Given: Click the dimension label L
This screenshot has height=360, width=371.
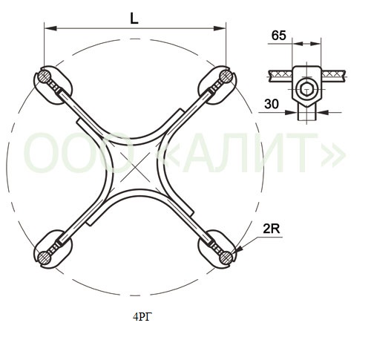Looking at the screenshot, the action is pos(134,19).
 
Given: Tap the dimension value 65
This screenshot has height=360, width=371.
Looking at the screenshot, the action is pos(278,36).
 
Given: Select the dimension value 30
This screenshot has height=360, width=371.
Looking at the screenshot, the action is pos(272,104).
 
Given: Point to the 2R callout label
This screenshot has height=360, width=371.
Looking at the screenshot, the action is pos(271,229).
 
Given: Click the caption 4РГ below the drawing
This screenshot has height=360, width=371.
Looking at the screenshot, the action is pos(142,317).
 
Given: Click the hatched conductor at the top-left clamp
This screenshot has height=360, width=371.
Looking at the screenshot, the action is pos(45,76).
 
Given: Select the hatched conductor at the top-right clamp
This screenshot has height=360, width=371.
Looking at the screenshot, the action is pos(226,76).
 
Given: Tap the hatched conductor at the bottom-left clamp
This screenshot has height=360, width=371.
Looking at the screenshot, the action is pos(45,257).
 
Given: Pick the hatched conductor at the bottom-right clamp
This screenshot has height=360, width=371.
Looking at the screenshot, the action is pos(226,257).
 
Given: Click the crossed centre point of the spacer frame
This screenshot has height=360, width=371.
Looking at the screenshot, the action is pos(135,167).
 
